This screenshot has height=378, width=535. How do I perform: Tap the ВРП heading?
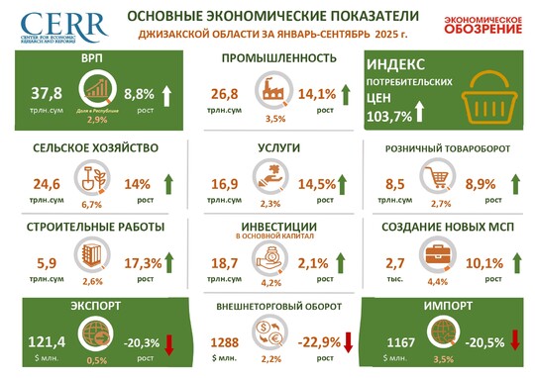coord(96,58)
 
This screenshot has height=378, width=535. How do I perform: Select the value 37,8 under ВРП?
coord(47,93)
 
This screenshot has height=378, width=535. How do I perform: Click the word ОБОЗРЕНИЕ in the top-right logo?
coord(481,28)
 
